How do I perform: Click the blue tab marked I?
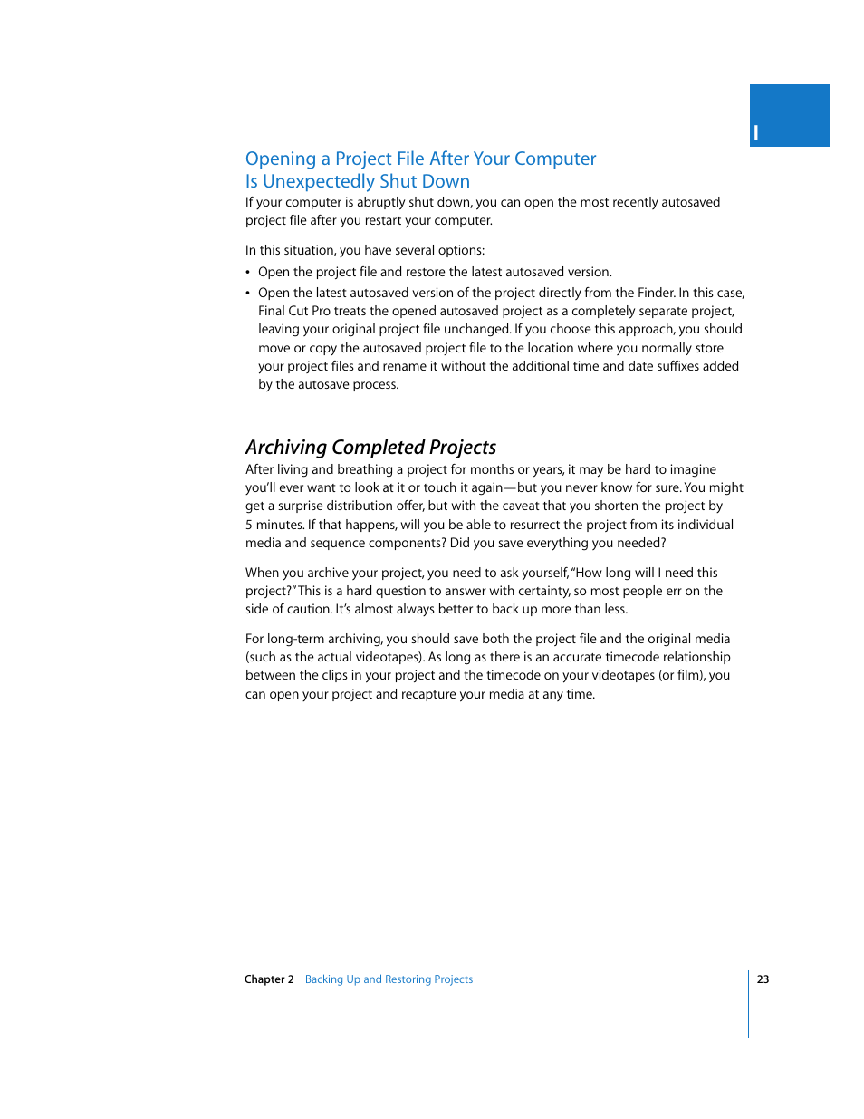click(x=789, y=116)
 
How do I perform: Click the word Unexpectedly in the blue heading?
click(x=319, y=182)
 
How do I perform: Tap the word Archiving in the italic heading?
click(x=285, y=448)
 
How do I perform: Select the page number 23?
click(x=763, y=979)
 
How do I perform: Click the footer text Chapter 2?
click(x=269, y=979)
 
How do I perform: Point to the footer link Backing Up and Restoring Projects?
click(x=389, y=979)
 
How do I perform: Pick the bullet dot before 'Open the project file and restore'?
click(x=248, y=273)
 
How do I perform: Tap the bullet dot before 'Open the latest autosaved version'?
click(x=248, y=294)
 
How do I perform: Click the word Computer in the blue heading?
click(x=555, y=159)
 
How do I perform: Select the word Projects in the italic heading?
click(x=462, y=448)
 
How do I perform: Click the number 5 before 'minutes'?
click(x=249, y=525)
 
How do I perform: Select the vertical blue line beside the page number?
click(x=749, y=1004)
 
